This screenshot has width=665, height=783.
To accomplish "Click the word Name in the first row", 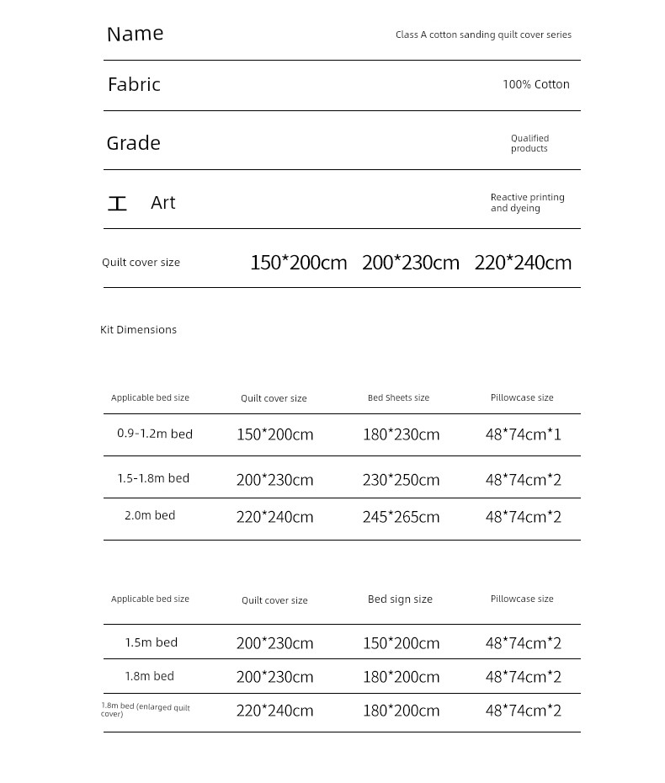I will point(135,34).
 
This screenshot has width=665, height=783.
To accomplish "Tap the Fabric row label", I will point(134,84).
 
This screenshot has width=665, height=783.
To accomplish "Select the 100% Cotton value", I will point(535,84).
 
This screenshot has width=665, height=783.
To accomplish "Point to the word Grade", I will point(133,143).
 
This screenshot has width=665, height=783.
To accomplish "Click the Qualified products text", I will point(529,143).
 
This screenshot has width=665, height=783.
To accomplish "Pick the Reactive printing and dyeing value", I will point(527,203).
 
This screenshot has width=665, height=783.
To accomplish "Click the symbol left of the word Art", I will point(117,204).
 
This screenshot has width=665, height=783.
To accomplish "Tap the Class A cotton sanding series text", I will point(483,35).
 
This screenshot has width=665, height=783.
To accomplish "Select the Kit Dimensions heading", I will point(138,330).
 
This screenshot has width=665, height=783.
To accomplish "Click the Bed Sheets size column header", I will point(398,397).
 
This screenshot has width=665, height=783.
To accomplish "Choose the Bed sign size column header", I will point(400,599).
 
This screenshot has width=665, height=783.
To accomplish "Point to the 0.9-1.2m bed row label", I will point(155,434).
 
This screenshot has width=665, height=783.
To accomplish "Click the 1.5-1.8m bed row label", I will point(153,478).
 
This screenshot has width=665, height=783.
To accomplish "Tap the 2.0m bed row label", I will point(150,515).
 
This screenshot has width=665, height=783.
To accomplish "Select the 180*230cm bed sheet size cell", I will point(401,435).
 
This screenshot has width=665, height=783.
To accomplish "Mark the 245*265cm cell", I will point(401,517).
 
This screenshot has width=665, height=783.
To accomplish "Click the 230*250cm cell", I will point(401,480).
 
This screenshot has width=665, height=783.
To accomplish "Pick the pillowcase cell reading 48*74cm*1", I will point(523,435).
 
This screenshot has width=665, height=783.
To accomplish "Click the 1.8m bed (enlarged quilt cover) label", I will point(146,710).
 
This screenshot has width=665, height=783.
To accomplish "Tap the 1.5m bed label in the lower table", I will point(152,642).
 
